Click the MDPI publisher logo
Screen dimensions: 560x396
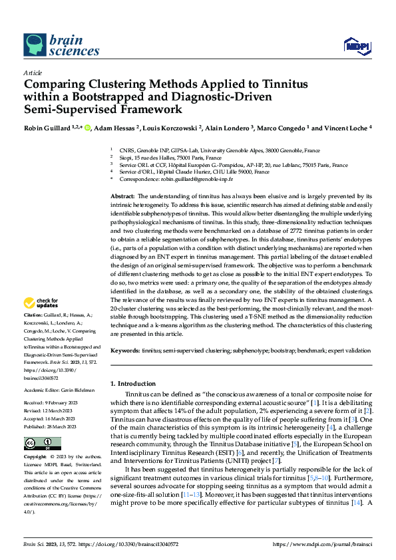point(355,45)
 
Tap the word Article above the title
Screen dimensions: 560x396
point(33,72)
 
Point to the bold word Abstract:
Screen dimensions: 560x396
point(122,198)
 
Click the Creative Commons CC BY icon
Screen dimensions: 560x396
point(42,444)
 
